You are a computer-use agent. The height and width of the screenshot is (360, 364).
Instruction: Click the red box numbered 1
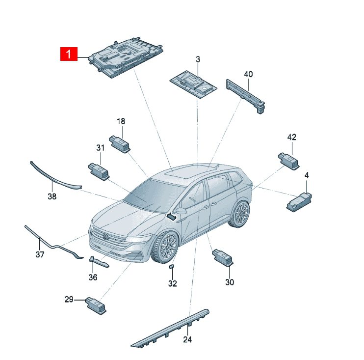coord(69,54)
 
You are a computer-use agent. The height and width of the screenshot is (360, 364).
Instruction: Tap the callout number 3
coord(198,59)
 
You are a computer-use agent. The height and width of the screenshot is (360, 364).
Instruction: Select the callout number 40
coord(248,74)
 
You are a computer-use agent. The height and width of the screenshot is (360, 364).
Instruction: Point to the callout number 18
coord(121,121)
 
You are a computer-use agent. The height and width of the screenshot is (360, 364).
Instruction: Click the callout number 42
coord(291,137)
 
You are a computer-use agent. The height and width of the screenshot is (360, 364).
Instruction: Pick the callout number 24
coord(187,339)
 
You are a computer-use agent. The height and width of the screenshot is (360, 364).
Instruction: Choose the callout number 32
coord(173,283)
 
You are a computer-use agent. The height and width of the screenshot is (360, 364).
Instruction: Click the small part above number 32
coord(172,266)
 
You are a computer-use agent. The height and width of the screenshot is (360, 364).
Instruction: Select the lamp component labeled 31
coord(99,171)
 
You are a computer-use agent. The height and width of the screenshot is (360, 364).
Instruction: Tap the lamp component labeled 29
coord(96,305)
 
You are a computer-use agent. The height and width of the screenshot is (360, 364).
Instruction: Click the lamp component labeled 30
coord(222,257)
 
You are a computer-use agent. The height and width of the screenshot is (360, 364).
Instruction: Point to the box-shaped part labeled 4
coord(299,202)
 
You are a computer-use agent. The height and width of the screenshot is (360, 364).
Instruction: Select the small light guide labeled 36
coord(99,262)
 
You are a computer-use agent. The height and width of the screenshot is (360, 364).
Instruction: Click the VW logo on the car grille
coord(106,237)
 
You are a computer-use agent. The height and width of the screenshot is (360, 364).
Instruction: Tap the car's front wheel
coord(165,247)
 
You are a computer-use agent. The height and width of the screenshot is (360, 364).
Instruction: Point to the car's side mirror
coord(182,211)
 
